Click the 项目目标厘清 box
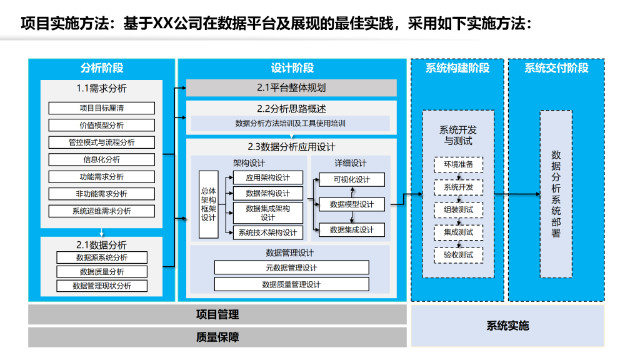pos(102,108)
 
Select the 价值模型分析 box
pos(102,125)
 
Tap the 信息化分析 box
pos(102,159)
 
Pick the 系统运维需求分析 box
pos(102,211)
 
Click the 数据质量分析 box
pos(102,272)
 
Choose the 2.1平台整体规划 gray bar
pos(291,87)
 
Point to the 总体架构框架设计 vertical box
pos(209,204)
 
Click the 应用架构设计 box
pos(267,177)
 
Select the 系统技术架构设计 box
pos(267,232)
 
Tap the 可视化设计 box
pos(352,179)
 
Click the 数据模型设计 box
pos(352,204)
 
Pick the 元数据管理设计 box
pos(291,267)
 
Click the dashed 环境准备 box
pos(458,164)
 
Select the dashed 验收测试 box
pos(458,255)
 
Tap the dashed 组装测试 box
pos(458,210)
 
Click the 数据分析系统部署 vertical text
pos(556,194)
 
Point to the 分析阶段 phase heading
pos(102,68)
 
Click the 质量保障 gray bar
pos(217,337)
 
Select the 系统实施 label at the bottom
pos(507,326)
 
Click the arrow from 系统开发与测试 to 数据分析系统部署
pos(517,194)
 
